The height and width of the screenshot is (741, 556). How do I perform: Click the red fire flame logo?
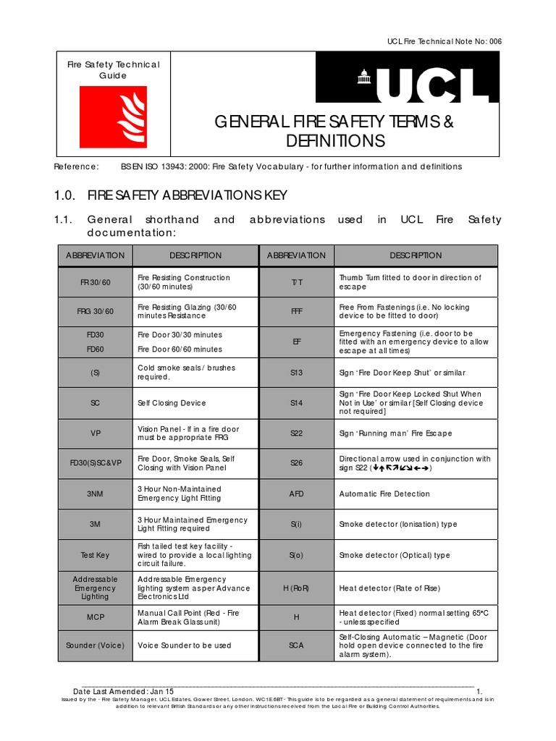click(113, 117)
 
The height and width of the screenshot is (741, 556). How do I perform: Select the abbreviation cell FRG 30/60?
click(95, 312)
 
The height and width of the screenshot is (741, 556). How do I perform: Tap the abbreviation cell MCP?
click(95, 617)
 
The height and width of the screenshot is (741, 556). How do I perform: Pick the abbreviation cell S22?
click(296, 433)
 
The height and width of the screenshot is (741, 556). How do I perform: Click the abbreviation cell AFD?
click(296, 494)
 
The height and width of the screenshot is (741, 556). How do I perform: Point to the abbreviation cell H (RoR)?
click(296, 588)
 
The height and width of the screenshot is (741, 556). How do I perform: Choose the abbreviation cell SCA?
click(296, 645)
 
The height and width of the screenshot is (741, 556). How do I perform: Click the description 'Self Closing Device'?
click(172, 403)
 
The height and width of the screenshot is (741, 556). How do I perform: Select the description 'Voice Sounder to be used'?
click(184, 645)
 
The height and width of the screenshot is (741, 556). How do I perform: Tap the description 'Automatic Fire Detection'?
click(384, 494)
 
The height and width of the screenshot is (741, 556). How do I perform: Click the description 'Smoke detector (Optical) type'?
click(395, 555)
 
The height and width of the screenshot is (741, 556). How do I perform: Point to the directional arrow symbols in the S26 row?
click(400, 468)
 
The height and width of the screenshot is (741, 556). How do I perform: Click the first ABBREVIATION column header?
click(95, 255)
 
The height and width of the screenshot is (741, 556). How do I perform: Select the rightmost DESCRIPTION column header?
click(416, 255)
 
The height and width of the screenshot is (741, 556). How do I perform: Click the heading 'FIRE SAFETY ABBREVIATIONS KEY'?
click(187, 195)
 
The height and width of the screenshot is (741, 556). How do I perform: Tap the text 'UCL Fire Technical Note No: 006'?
click(445, 41)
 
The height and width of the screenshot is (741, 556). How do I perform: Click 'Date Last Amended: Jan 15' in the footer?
click(124, 692)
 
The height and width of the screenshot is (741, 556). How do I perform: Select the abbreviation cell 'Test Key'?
click(95, 555)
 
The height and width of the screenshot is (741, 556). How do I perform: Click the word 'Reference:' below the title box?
click(77, 166)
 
